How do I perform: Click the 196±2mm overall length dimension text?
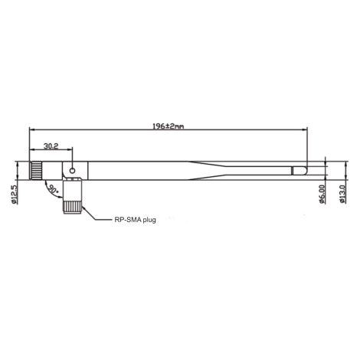tap(166, 126)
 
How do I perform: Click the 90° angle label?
tap(53, 188)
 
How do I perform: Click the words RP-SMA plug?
tap(134, 220)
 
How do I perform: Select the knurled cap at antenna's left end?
tap(36, 170)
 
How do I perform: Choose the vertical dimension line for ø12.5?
tap(18, 170)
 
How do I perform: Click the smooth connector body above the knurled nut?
tap(73, 188)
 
